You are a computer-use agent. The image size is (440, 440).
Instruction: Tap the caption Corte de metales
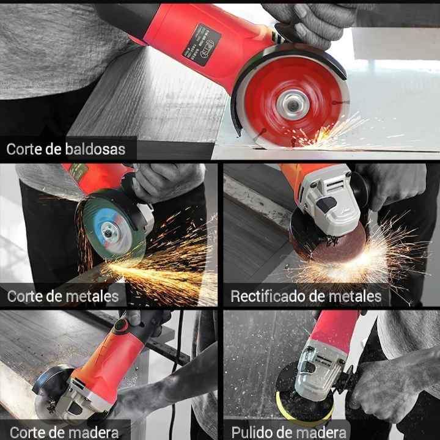[62, 297]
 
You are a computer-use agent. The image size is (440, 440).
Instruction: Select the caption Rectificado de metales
[306, 297]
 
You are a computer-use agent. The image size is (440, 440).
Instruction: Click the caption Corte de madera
[64, 432]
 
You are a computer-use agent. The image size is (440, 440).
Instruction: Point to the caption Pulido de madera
[289, 432]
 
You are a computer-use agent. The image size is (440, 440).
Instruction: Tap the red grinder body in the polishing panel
[333, 333]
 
